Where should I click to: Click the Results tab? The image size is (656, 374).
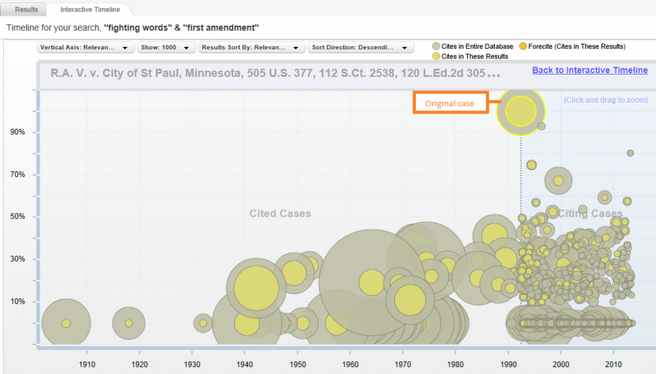tap(22, 10)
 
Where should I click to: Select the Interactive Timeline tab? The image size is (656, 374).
tap(90, 10)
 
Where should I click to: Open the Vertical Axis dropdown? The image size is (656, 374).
tap(85, 47)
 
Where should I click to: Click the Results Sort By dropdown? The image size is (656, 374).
tap(252, 47)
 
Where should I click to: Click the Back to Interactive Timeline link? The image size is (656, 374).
tap(589, 71)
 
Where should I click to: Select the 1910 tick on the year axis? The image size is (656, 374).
tap(87, 364)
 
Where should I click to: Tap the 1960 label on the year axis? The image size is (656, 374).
tap(350, 364)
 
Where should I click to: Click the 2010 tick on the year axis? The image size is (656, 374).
tap(613, 364)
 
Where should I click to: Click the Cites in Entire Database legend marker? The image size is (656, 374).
tap(436, 46)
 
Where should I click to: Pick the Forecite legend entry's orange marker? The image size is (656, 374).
tap(523, 46)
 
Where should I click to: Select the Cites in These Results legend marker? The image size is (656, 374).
tap(436, 56)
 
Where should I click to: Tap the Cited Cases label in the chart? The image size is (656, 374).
tap(280, 214)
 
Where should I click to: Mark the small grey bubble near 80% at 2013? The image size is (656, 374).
tap(630, 153)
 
